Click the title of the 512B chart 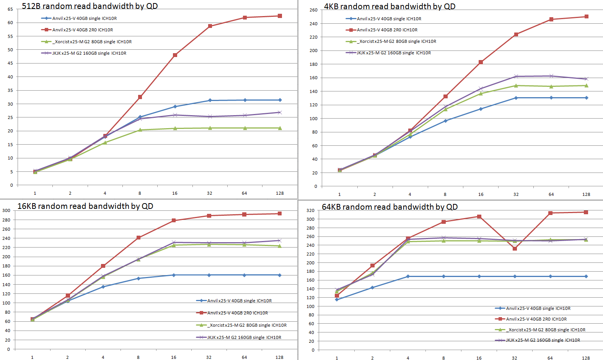(x=90, y=6)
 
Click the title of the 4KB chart (x=390, y=7)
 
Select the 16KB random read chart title (x=85, y=206)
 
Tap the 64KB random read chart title (x=390, y=207)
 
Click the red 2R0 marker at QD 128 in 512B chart (x=280, y=16)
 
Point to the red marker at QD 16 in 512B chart (x=175, y=55)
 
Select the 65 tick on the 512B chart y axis (x=10, y=9)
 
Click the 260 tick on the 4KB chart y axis (x=313, y=10)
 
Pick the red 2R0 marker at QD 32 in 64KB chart (x=515, y=249)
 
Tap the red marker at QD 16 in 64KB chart (x=479, y=217)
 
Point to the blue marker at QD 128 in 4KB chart (x=586, y=98)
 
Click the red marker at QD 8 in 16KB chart (x=139, y=238)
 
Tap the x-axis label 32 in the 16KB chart (x=209, y=357)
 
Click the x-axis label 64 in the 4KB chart (x=551, y=194)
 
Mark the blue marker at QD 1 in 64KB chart (x=337, y=300)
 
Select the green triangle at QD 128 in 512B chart (x=280, y=128)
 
